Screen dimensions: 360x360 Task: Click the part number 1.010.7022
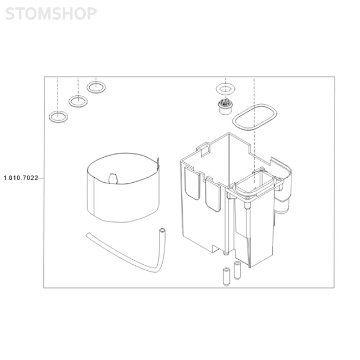[x=20, y=178]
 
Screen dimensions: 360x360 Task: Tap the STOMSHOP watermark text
[x=50, y=14]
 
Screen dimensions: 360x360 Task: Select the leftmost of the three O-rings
[x=58, y=116]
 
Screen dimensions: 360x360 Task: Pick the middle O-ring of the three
[x=78, y=101]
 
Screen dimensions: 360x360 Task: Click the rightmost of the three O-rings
[x=96, y=86]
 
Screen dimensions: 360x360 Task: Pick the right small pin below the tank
[x=237, y=270]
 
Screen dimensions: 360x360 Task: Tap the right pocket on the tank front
[x=212, y=194]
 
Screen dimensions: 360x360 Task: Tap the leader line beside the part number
[x=42, y=178]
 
